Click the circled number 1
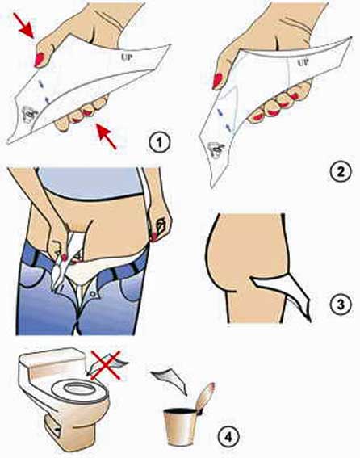[159, 143]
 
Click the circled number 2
[341, 171]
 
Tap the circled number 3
[341, 305]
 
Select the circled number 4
[228, 437]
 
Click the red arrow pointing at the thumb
[24, 26]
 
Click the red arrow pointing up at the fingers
[107, 137]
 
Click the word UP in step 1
[127, 57]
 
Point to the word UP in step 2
[303, 62]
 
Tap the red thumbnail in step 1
[39, 59]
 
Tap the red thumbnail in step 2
[217, 81]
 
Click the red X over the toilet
[106, 365]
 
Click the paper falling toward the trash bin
[170, 380]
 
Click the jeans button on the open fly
[93, 294]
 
